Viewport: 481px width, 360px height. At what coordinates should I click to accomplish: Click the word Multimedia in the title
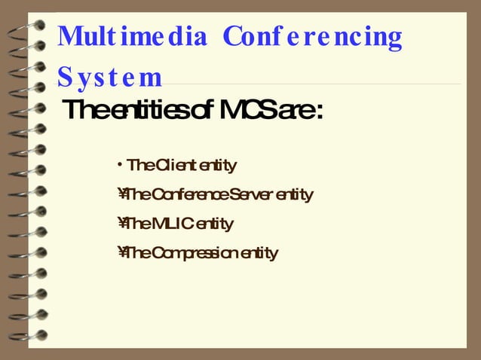coord(132,37)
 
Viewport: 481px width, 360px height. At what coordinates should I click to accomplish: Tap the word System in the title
coord(109,77)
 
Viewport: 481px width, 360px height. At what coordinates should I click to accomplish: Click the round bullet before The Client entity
coord(121,164)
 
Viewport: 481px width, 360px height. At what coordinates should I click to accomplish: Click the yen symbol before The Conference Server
coord(121,195)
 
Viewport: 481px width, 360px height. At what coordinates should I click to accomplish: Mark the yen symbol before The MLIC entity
coord(121,224)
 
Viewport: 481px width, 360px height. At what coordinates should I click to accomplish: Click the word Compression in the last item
coord(194,253)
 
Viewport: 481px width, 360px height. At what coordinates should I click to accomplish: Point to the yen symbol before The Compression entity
coord(121,253)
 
